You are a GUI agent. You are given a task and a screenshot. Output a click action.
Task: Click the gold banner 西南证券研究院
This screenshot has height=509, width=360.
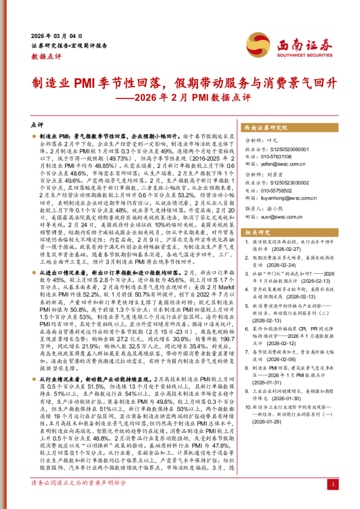tap(266, 129)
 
